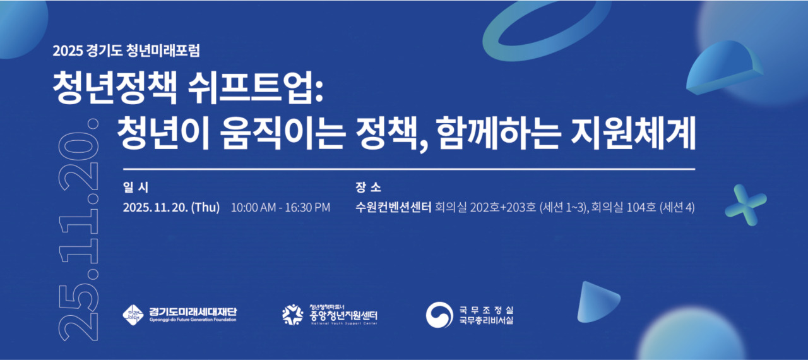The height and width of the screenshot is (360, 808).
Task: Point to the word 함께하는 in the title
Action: (496, 133)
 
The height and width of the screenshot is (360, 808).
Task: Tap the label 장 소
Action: (369, 188)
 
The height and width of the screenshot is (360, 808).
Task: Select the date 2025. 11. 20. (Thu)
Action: (171, 208)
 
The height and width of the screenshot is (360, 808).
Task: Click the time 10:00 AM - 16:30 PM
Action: (280, 208)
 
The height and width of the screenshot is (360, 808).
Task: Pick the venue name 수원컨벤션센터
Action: (393, 208)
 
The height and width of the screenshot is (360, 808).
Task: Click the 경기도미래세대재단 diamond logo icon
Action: (133, 314)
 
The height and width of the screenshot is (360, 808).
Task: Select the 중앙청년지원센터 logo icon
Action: (292, 314)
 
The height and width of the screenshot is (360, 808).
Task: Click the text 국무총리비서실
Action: (486, 320)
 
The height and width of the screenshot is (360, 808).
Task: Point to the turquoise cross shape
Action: (746, 204)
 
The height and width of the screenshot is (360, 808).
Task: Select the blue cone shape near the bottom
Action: (596, 298)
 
